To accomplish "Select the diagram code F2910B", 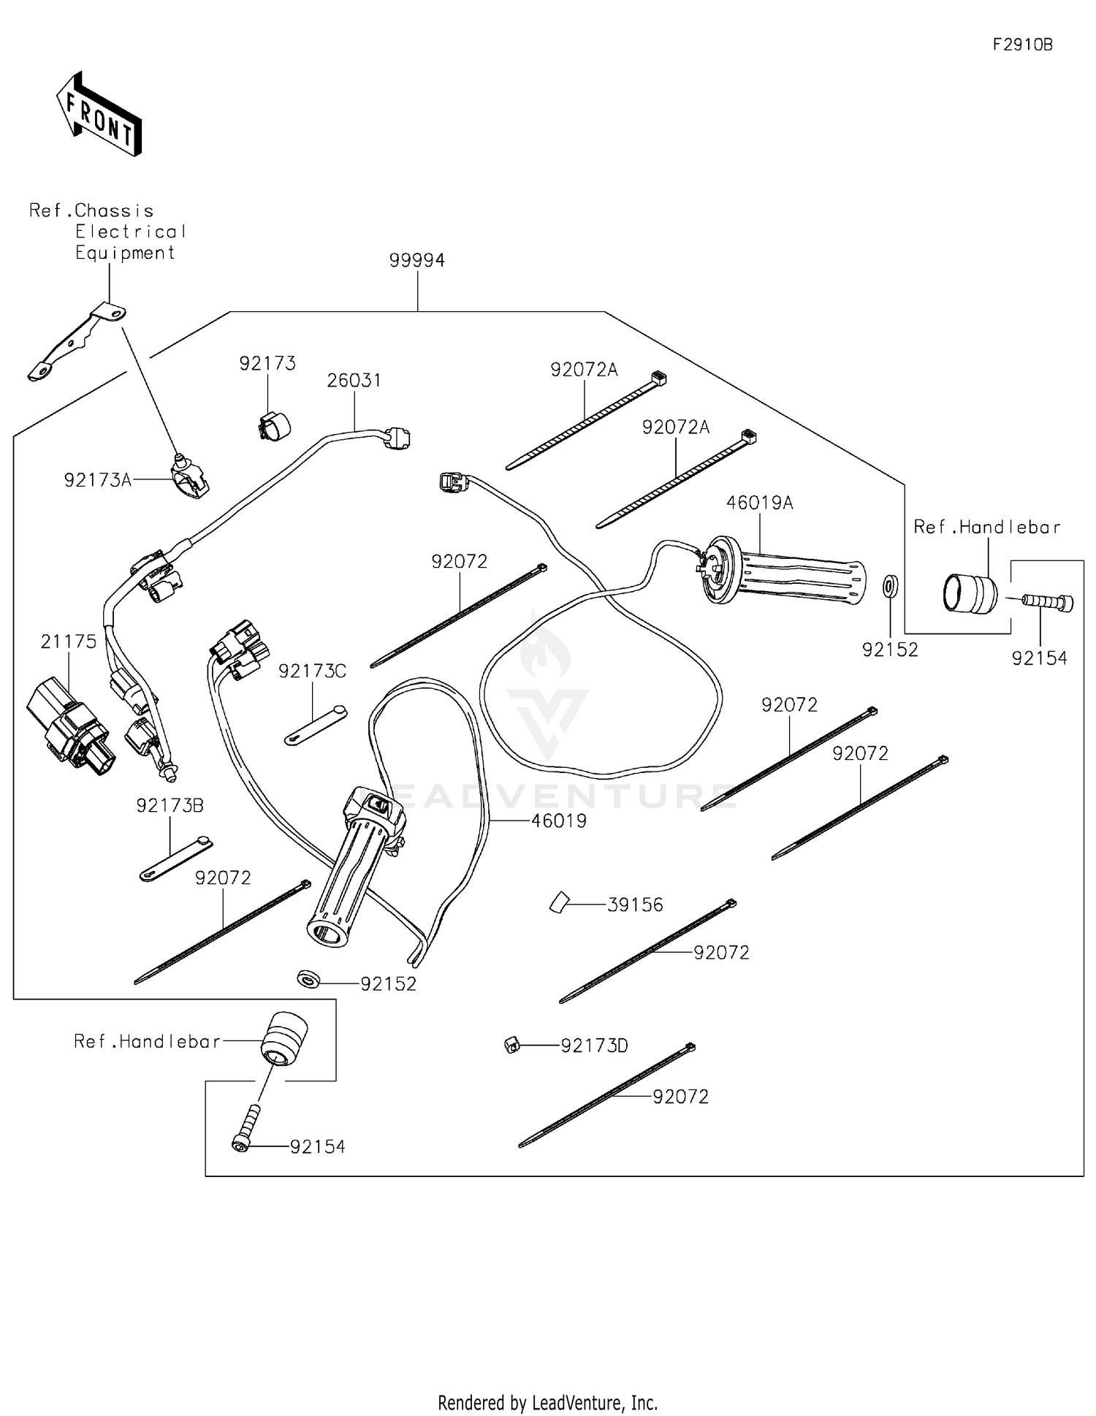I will pos(1022,45).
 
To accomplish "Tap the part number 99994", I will pos(416,260).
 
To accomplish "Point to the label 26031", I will pos(354,381).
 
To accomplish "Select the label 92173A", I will pos(97,480).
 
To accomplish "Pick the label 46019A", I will pos(759,503).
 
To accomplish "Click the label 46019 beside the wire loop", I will pos(558,821).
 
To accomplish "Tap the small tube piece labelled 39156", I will pos(559,903).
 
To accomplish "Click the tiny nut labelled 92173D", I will pos(512,1046).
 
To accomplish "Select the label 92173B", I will pos(170,806).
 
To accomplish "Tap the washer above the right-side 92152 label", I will pos(890,586).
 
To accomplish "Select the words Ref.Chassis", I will pos(91,211).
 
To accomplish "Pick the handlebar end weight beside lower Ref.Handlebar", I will pos(284,1038).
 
